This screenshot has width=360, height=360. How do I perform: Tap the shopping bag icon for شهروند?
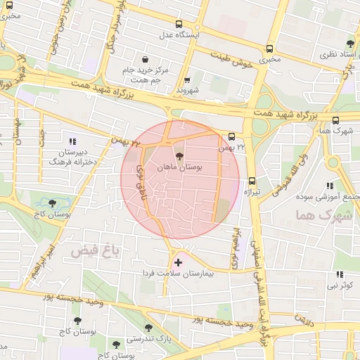pyautogui.click(x=186, y=80)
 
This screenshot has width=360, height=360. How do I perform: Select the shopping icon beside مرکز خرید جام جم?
pyautogui.click(x=145, y=59)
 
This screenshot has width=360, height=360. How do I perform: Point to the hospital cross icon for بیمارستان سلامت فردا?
pyautogui.click(x=177, y=262)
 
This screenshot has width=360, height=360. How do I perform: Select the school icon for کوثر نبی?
pyautogui.click(x=340, y=274)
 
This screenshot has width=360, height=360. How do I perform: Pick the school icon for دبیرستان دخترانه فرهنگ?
pyautogui.click(x=72, y=140)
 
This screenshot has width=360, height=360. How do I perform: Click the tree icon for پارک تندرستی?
pyautogui.click(x=148, y=327)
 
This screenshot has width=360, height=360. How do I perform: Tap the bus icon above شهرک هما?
pyautogui.click(x=335, y=120)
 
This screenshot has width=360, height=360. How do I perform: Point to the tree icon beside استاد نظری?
pyautogui.click(x=351, y=44)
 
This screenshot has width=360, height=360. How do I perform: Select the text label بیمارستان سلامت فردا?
pyautogui.click(x=177, y=273)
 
